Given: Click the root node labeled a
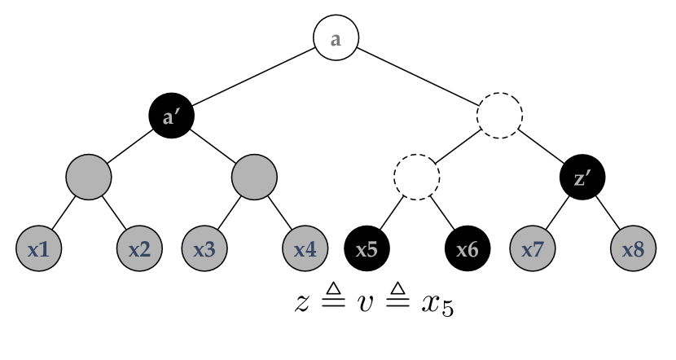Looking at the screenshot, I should click(x=336, y=38).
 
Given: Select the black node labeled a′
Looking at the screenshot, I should click(x=171, y=116).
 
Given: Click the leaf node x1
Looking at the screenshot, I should click(x=38, y=248).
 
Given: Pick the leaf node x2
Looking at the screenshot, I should click(x=139, y=248).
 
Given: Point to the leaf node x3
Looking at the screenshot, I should click(x=204, y=248).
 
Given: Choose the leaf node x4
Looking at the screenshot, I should click(x=305, y=248).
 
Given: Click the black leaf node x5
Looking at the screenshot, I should click(x=367, y=248).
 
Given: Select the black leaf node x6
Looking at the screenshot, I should click(x=467, y=248).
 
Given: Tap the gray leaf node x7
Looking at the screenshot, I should click(x=532, y=248).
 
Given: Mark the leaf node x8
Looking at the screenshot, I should click(x=633, y=248).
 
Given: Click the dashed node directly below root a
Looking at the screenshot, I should click(x=499, y=116).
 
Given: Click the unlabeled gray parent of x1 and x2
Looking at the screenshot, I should click(x=89, y=177).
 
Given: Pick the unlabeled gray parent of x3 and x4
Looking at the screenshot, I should click(x=254, y=177).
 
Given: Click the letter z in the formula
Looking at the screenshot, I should click(x=303, y=303).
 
